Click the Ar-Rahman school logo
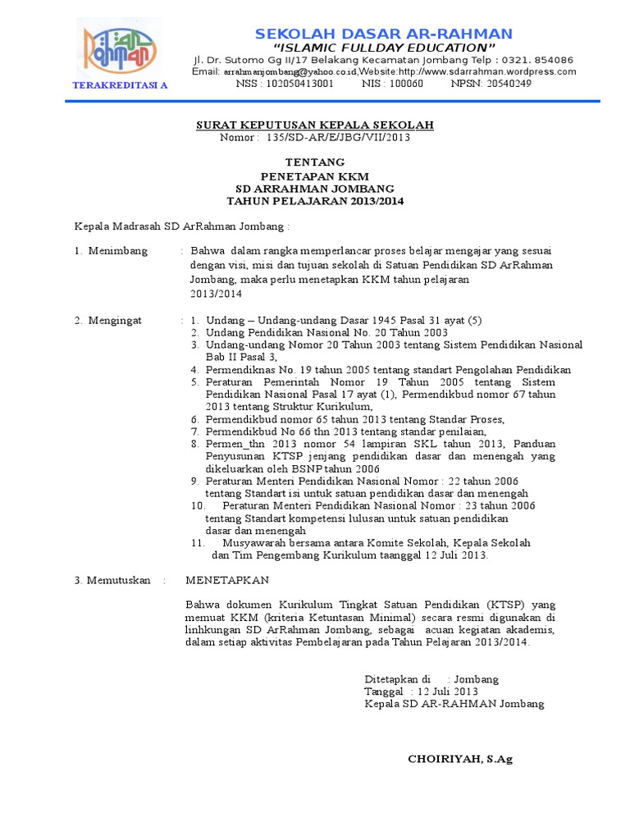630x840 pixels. pyautogui.click(x=120, y=48)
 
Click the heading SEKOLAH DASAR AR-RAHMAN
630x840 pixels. pyautogui.click(x=383, y=34)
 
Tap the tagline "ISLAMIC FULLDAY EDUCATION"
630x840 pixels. pyautogui.click(x=384, y=48)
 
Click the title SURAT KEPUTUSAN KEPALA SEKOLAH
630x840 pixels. pyautogui.click(x=314, y=125)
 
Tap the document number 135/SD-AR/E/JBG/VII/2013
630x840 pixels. pyautogui.click(x=338, y=137)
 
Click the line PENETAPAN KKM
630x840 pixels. pyautogui.click(x=314, y=176)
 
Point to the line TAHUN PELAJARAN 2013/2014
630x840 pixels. pyautogui.click(x=314, y=201)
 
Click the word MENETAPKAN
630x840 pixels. pyautogui.click(x=227, y=580)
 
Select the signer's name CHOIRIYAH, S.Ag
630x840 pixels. pyautogui.click(x=460, y=759)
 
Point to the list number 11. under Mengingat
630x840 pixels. pyautogui.click(x=198, y=542)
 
